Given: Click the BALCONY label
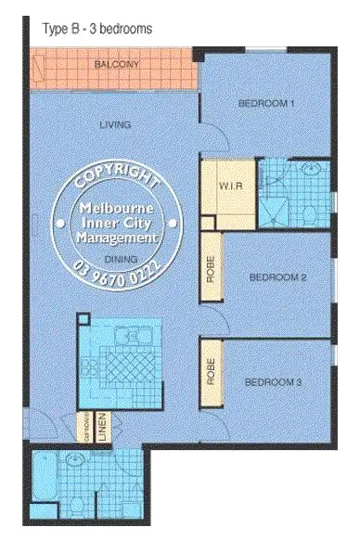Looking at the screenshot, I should (x=117, y=64).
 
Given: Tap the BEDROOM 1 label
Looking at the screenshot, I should (x=266, y=103).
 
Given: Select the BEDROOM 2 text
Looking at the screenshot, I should (x=277, y=276).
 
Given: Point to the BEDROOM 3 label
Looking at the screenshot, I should (x=273, y=381).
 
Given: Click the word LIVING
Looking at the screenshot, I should (x=115, y=124).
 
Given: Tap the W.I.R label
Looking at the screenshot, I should (x=229, y=186).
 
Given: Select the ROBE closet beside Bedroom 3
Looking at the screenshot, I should (x=211, y=372).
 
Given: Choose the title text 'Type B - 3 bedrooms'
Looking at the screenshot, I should (x=96, y=29).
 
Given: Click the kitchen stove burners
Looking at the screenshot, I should (x=90, y=365).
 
